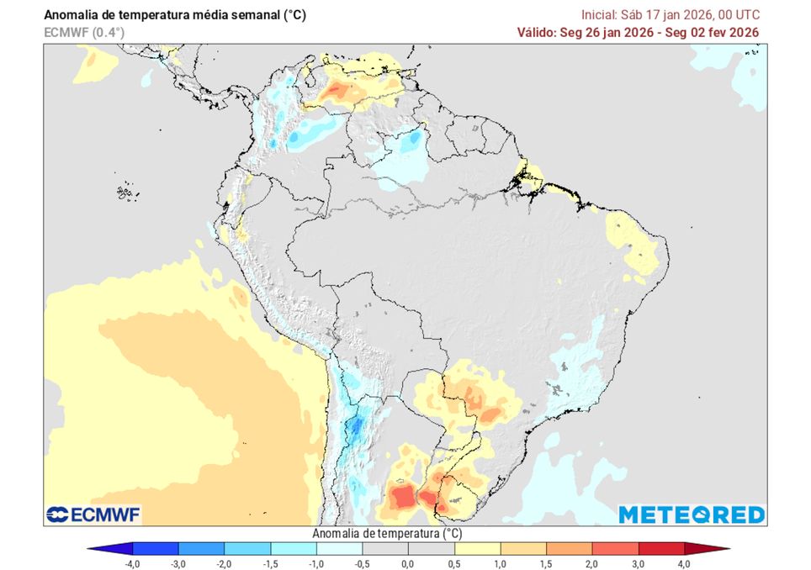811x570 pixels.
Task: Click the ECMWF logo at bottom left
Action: point(93,515)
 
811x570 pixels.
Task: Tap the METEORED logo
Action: point(692,515)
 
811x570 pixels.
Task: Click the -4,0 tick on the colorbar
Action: point(133,563)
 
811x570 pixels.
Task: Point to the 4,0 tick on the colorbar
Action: point(683,563)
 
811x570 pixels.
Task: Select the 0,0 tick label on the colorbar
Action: point(408,563)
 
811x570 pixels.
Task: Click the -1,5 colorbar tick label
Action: point(271,563)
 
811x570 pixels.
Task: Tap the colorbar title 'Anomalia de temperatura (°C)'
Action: point(387,533)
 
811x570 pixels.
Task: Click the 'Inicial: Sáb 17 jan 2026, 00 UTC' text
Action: point(671,15)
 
